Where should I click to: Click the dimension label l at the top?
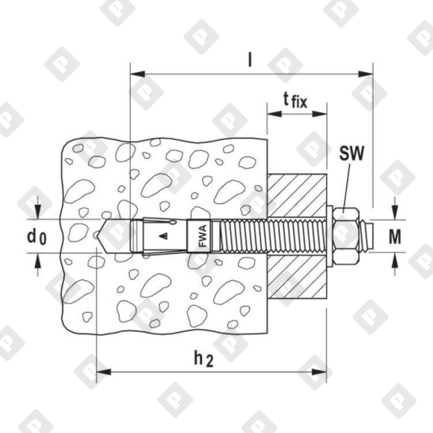click(250, 60)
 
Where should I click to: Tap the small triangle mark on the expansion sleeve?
click(165, 235)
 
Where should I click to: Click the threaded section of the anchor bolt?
click(267, 235)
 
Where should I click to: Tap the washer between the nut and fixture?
click(329, 234)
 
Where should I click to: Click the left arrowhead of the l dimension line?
click(137, 73)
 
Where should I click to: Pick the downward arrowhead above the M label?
click(394, 214)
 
